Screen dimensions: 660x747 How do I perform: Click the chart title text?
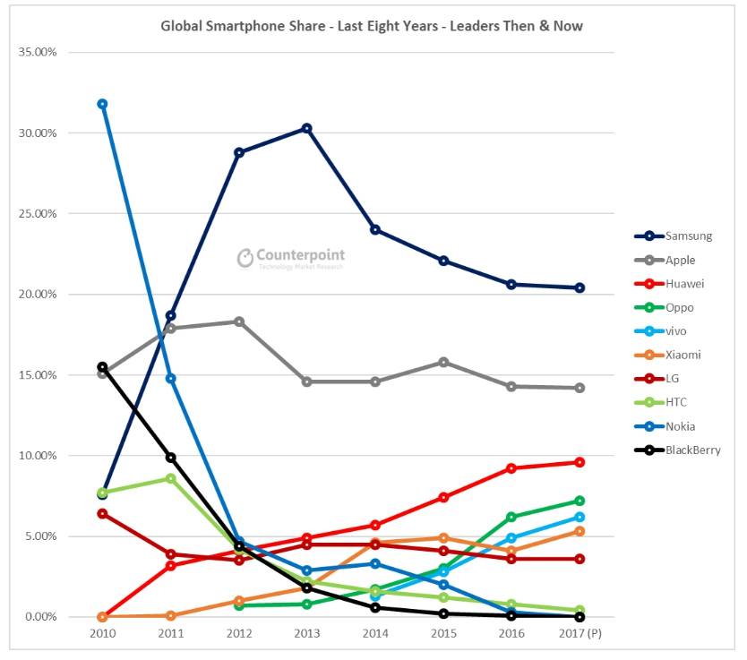tap(372, 26)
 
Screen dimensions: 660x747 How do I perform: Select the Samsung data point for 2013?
tap(306, 128)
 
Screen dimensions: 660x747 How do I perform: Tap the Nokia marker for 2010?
tap(102, 104)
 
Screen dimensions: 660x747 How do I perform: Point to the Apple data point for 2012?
tap(239, 321)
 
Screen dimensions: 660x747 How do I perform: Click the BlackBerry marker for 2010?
tap(102, 367)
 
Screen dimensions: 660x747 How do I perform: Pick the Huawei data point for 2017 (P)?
tap(580, 462)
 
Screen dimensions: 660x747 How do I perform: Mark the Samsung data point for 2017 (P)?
tap(580, 287)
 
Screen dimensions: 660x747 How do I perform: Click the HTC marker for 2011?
tap(170, 478)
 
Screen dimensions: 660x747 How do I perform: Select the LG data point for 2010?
tap(102, 513)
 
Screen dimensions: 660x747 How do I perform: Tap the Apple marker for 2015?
tap(443, 362)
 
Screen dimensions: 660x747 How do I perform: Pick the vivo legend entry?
tap(674, 331)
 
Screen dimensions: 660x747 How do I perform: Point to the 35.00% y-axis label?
tap(37, 52)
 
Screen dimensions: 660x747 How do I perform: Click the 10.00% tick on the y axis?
tap(37, 456)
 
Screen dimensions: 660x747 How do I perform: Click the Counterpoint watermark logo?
tap(290, 258)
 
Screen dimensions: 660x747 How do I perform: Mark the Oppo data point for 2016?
tap(511, 517)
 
